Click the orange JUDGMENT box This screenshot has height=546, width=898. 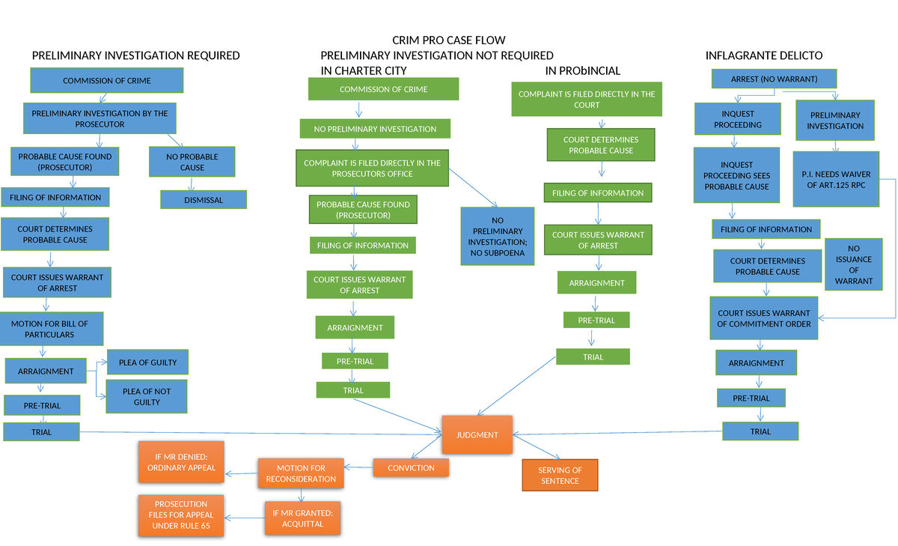(477, 434)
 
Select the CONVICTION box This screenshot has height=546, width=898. (411, 468)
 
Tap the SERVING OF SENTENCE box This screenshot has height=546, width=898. (560, 476)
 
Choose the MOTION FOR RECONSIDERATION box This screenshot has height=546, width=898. (301, 473)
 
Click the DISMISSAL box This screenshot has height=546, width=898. (203, 200)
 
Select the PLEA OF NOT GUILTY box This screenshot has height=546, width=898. (147, 396)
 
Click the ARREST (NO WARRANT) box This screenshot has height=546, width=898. (773, 79)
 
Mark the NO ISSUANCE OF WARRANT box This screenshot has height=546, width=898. (853, 264)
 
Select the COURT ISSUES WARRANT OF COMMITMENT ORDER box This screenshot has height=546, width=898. (763, 318)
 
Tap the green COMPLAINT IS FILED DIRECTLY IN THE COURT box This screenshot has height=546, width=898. (586, 100)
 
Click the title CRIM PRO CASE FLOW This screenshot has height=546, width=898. (448, 40)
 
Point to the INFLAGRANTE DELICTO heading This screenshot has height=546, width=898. (763, 55)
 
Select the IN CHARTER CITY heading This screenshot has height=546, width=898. (364, 70)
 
